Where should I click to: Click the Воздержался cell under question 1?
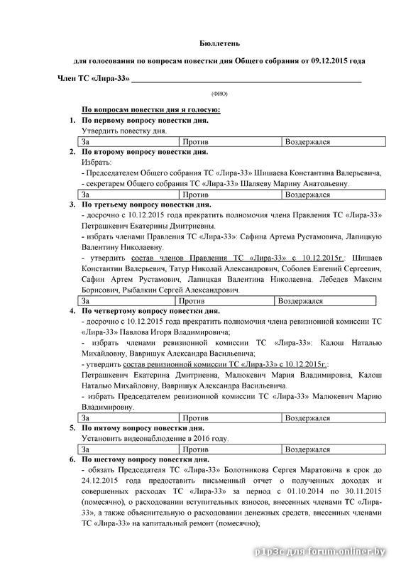[334, 142]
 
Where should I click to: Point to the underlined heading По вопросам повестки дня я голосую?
[150, 109]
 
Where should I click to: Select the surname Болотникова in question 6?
[251, 470]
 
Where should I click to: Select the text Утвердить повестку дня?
[124, 131]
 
